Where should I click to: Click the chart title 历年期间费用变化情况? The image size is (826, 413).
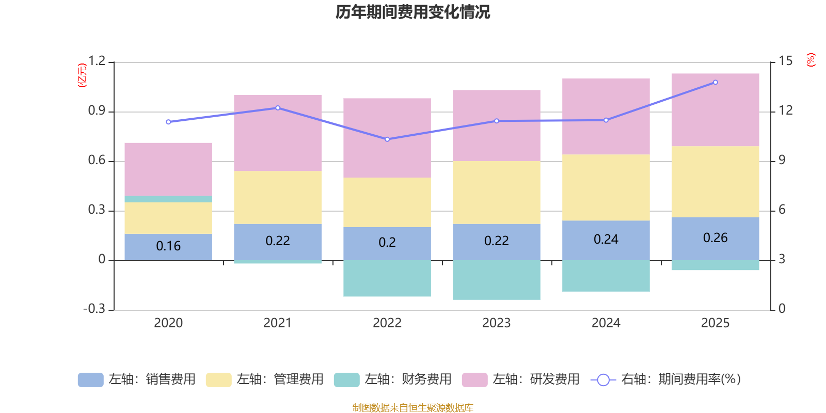[x=412, y=12]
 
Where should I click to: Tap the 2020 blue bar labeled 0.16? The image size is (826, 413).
[x=168, y=246]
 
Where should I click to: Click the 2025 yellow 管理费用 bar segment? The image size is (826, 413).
[x=715, y=182]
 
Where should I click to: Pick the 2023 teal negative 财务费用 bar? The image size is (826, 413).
[x=496, y=280]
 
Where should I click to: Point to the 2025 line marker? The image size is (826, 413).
[x=715, y=82]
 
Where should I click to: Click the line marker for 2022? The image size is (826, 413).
[x=387, y=139]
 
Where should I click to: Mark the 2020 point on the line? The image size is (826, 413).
[x=168, y=122]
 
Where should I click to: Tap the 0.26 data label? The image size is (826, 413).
[x=715, y=237]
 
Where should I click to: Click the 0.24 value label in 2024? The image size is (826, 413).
[x=606, y=239]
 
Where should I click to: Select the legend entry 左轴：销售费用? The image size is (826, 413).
[x=137, y=379]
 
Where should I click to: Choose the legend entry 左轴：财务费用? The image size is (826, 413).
[x=393, y=379]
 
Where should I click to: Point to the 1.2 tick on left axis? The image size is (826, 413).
[x=97, y=61]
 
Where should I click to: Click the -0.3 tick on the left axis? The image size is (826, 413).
[x=94, y=309]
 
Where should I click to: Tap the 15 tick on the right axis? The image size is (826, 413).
[x=785, y=61]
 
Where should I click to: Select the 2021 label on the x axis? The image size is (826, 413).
[x=277, y=323]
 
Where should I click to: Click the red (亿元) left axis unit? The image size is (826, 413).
[x=82, y=75]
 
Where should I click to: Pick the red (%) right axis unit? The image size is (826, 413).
[x=811, y=60]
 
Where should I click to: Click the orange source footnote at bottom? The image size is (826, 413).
[x=412, y=408]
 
